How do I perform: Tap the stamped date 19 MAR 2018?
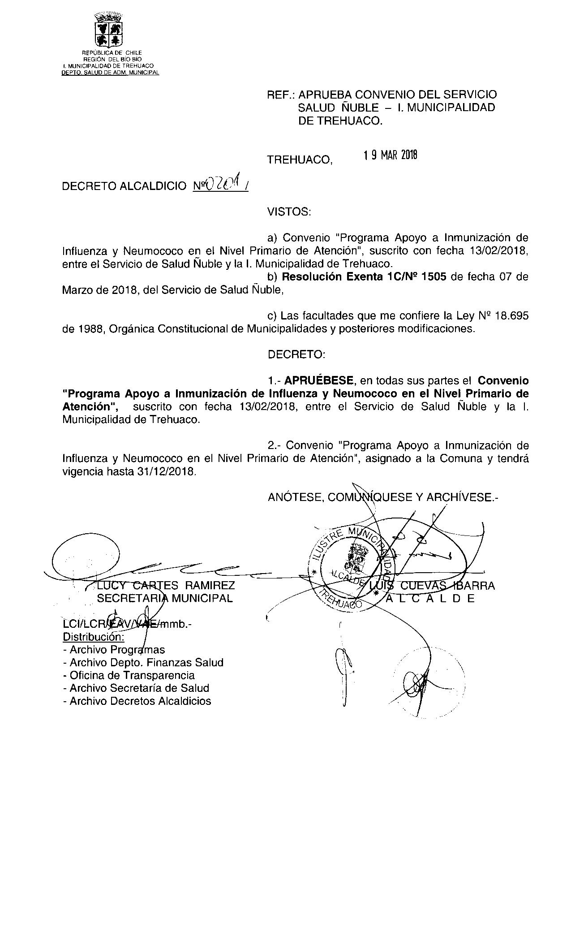click(x=390, y=155)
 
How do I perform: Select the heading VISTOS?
click(x=289, y=212)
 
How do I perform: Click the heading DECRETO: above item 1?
click(x=296, y=354)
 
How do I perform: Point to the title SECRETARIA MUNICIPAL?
click(x=165, y=598)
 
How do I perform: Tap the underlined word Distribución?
click(x=94, y=637)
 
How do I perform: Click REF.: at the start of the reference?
click(x=281, y=95)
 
